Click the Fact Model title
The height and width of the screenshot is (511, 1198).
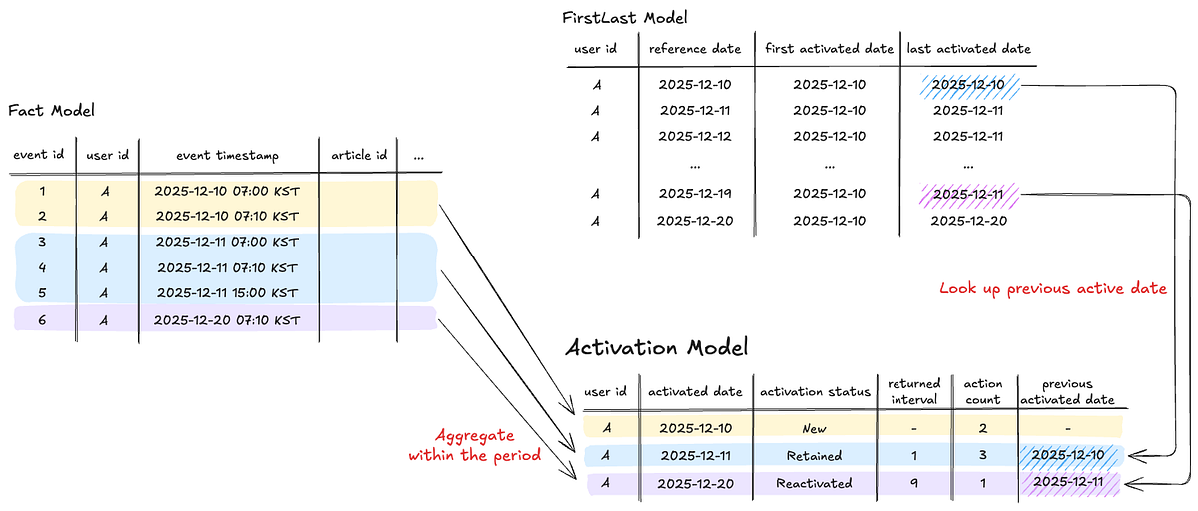click(x=51, y=110)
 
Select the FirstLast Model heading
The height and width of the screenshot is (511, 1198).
click(x=625, y=17)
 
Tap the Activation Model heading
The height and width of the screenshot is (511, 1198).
click(x=656, y=347)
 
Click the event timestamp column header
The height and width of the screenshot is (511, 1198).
click(x=228, y=155)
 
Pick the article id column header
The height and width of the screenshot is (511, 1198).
click(x=358, y=155)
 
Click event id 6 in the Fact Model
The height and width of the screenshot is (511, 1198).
click(x=42, y=319)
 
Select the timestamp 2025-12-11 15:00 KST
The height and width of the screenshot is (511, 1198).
click(x=228, y=293)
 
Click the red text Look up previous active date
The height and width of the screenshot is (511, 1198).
click(x=1052, y=288)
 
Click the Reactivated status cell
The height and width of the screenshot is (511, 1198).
click(x=814, y=483)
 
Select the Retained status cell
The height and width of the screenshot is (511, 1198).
click(x=814, y=456)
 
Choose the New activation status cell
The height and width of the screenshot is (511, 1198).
click(x=814, y=428)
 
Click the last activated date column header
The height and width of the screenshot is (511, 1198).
click(x=967, y=48)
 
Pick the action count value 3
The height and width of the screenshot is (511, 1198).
click(x=982, y=456)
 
